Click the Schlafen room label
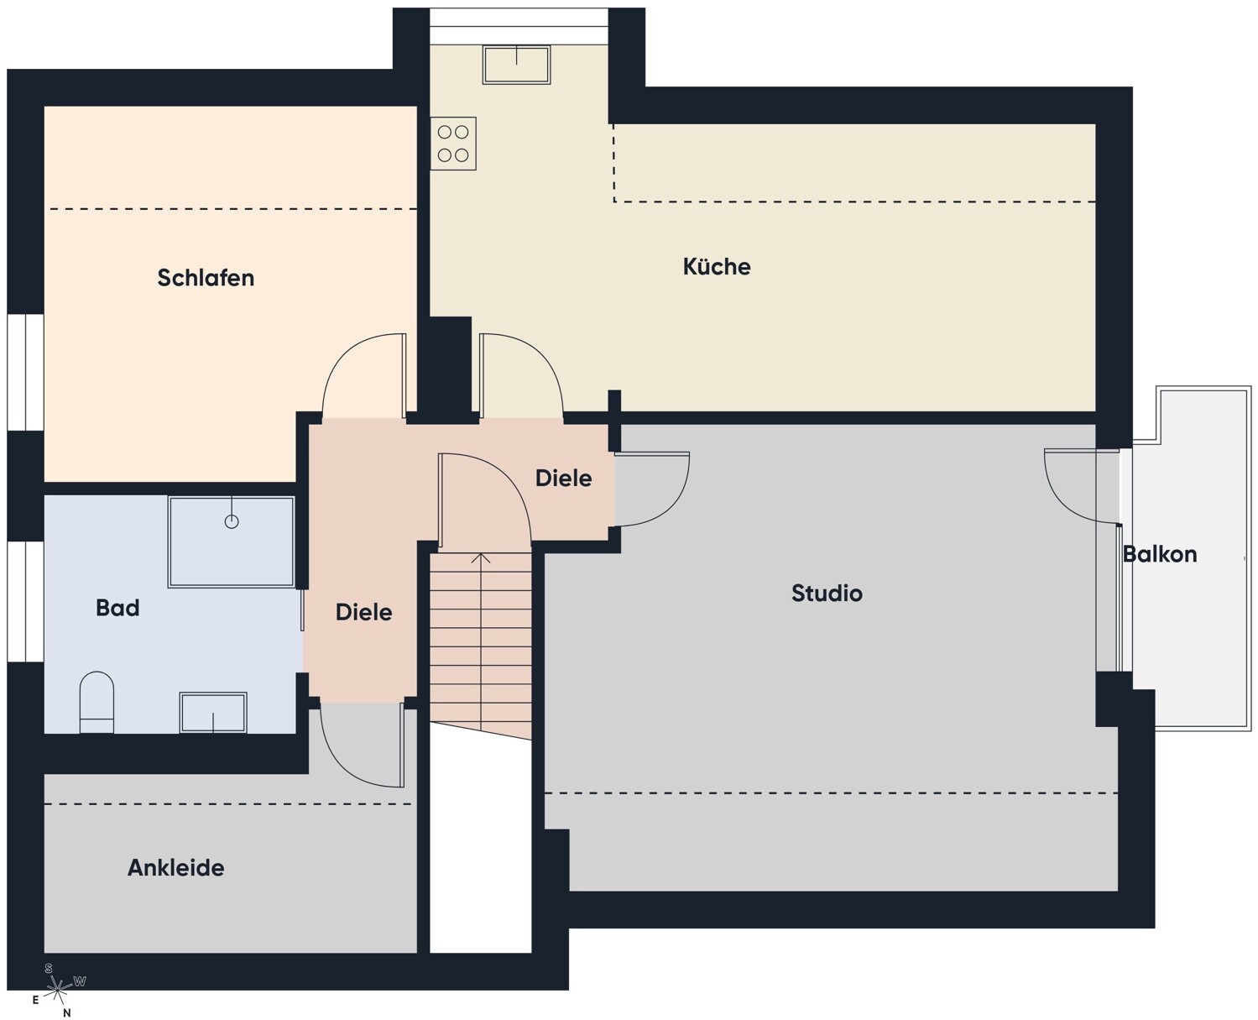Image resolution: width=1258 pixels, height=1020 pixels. (x=206, y=278)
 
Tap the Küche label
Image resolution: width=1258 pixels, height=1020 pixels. (x=717, y=266)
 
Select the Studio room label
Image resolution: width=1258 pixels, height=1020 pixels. (x=827, y=593)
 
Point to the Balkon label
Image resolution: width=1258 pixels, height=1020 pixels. (x=1160, y=554)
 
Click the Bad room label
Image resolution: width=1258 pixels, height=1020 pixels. (x=117, y=608)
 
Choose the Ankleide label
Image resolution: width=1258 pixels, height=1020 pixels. (x=176, y=867)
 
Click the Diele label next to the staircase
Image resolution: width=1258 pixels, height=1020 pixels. (x=364, y=612)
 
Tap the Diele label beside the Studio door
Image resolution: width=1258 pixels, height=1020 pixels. (x=563, y=478)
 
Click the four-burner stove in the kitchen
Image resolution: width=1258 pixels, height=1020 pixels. (x=453, y=144)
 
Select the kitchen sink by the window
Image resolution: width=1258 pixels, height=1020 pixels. (x=517, y=65)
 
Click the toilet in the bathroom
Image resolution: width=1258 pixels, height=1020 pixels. (x=97, y=702)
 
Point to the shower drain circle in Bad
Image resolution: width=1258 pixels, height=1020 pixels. (x=232, y=521)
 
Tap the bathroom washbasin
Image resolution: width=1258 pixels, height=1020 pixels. (x=213, y=713)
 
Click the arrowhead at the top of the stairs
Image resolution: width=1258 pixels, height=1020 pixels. (x=482, y=557)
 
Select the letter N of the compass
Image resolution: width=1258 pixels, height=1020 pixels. (x=67, y=1013)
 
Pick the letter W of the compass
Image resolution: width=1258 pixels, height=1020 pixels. (x=80, y=981)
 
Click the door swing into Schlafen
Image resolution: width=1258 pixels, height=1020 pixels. (x=364, y=376)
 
